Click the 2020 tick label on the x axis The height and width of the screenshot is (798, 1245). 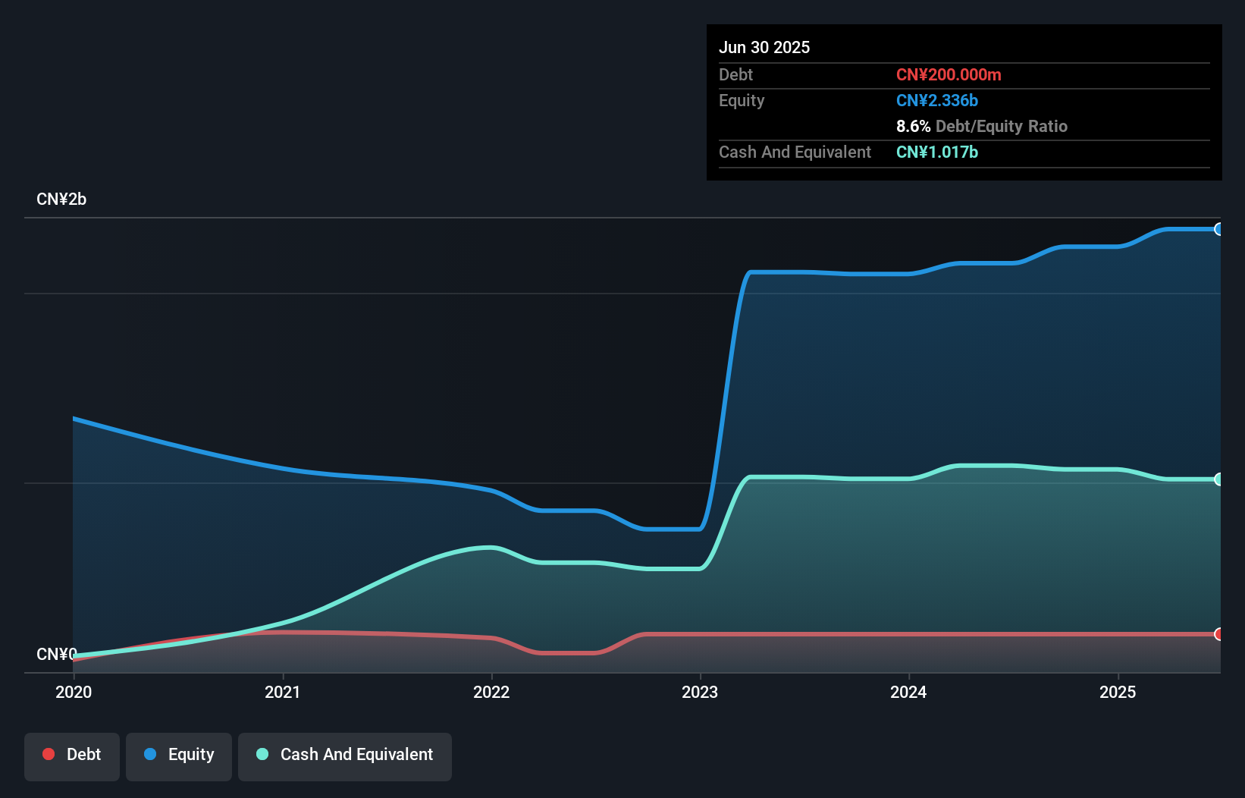(74, 692)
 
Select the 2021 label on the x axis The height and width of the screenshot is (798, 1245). (282, 692)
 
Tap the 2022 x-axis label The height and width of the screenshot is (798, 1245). (491, 692)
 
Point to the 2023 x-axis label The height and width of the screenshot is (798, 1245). (700, 692)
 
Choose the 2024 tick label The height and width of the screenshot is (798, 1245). (908, 692)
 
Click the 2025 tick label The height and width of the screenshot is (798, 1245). (1118, 692)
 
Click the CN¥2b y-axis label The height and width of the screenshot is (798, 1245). (61, 199)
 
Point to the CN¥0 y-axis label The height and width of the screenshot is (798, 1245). (57, 654)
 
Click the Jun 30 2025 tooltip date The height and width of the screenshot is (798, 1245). (764, 47)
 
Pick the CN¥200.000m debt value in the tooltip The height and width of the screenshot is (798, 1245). (949, 74)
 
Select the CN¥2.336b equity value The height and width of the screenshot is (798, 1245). (937, 100)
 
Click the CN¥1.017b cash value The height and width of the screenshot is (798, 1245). (937, 152)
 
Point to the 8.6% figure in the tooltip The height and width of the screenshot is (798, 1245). (913, 126)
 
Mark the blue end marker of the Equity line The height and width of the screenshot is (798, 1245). (1219, 229)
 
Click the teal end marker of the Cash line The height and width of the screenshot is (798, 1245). (1219, 479)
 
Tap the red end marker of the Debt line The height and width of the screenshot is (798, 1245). (1219, 634)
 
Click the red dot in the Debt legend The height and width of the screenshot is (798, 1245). (49, 754)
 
